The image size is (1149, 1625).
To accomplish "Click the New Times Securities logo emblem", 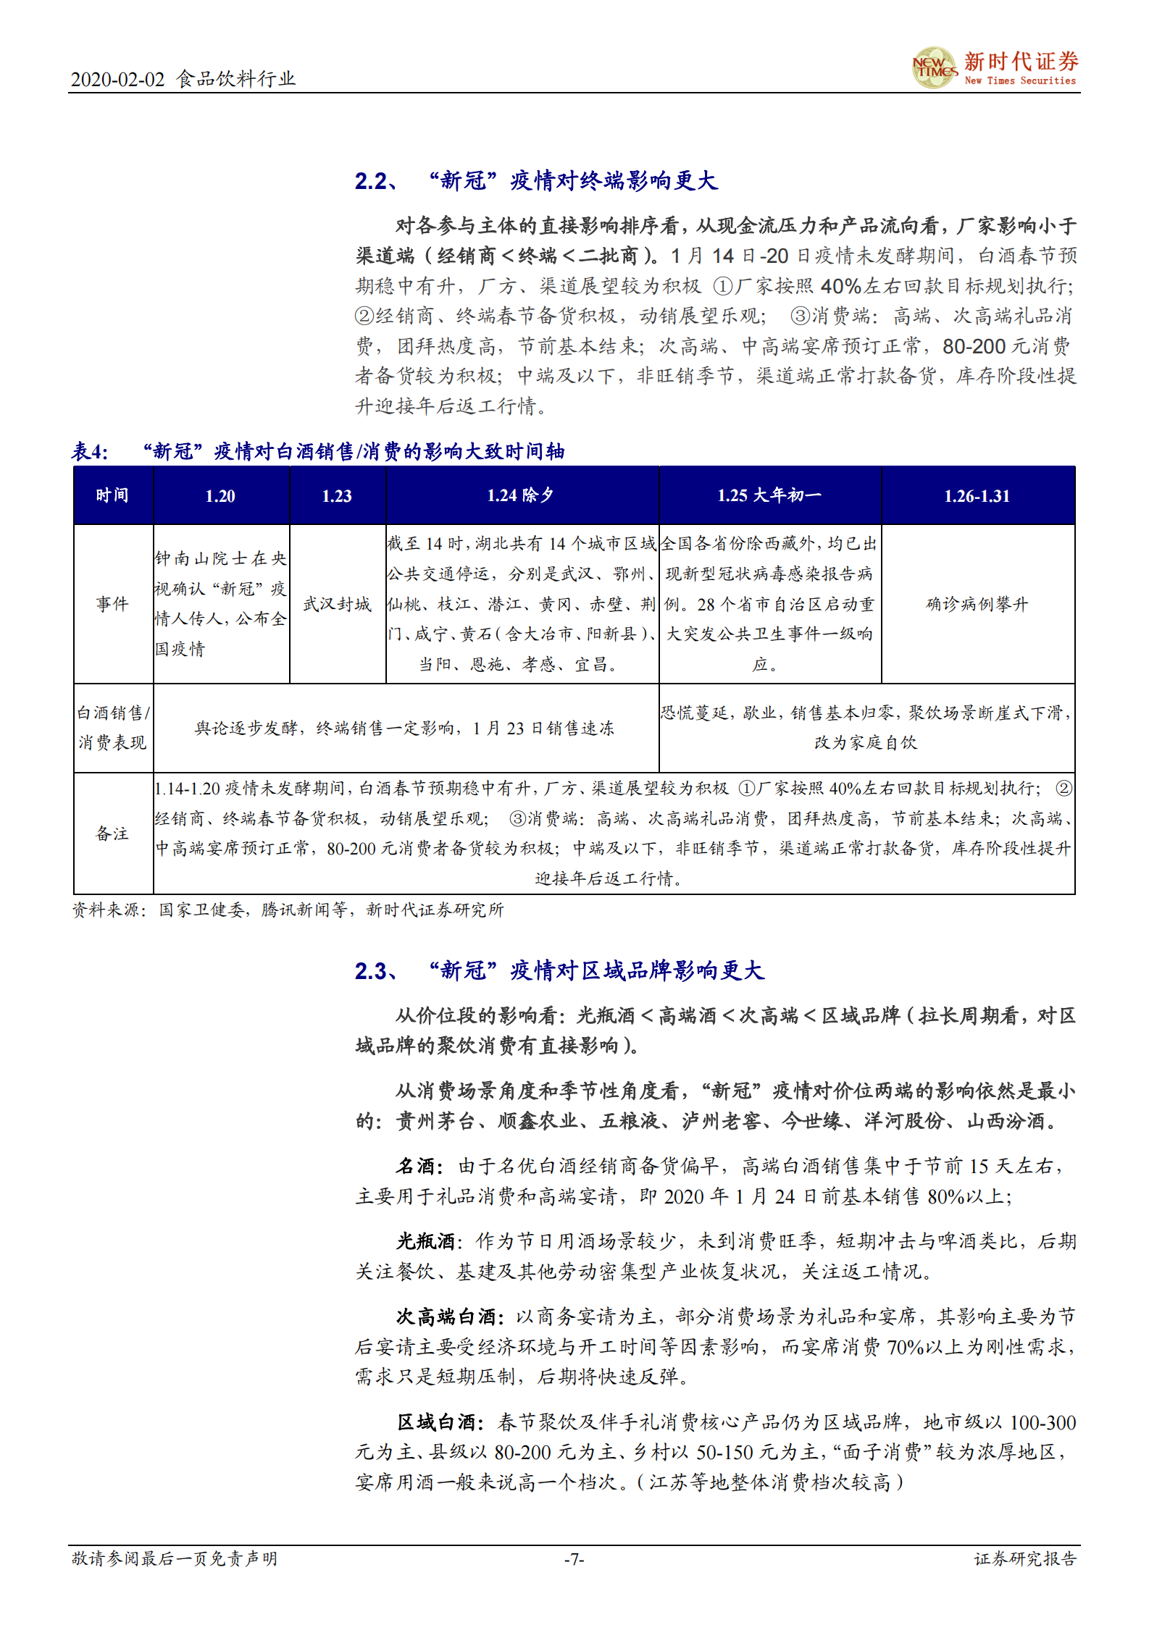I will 934,68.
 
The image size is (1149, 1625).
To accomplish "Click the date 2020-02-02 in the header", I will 117,80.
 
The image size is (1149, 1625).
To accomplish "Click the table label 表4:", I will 90,452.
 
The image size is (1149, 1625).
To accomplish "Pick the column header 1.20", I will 220,496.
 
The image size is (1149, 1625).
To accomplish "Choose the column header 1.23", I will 337,496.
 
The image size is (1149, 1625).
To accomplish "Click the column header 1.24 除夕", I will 521,496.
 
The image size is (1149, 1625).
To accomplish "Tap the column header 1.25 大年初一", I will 769,496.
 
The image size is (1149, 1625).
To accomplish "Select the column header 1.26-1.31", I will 977,496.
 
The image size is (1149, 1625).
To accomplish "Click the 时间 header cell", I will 112,496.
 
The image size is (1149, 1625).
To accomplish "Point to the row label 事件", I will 112,604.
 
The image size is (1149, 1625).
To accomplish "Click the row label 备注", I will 112,834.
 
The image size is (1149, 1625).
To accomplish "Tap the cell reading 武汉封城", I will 337,604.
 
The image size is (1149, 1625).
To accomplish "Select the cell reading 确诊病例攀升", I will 977,604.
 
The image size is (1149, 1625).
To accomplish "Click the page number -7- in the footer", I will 574,1559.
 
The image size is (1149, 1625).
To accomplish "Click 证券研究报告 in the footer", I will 1024,1559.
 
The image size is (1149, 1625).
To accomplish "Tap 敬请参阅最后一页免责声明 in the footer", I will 175,1559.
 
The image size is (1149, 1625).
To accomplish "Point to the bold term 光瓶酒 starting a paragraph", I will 425,1242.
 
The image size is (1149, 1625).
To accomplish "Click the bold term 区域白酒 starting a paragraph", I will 436,1423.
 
